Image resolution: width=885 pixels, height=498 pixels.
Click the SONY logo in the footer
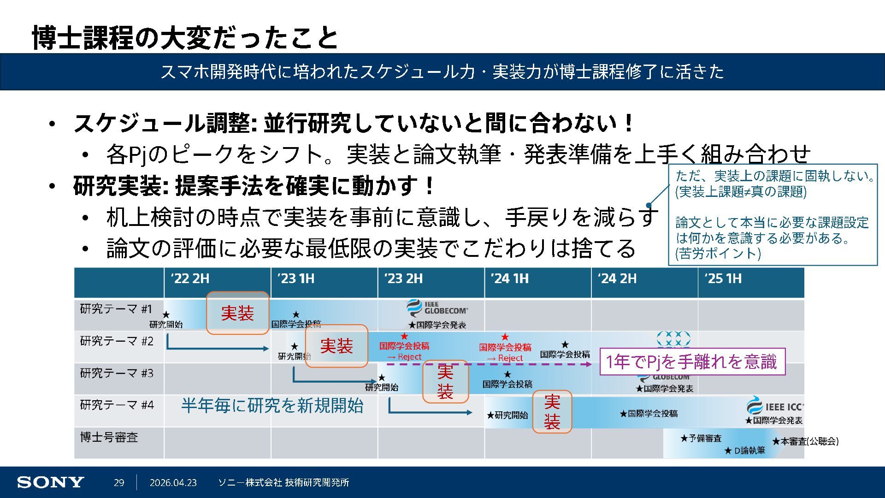pos(50,482)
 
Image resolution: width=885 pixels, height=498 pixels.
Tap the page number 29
pos(119,482)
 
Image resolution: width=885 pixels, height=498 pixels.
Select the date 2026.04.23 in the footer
pos(173,482)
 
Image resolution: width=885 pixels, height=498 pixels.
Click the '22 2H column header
pos(190,279)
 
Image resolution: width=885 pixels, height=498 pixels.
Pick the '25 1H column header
pos(723,279)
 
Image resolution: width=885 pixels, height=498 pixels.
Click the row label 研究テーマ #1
pos(116,309)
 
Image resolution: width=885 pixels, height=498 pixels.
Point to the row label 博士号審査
pos(109,437)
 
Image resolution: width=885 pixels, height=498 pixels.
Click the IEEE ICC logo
pos(775,406)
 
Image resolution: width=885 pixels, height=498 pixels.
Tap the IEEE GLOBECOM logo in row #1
pos(437,308)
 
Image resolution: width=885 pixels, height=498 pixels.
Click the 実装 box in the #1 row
pos(237,313)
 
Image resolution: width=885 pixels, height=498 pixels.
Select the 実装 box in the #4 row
pos(552,412)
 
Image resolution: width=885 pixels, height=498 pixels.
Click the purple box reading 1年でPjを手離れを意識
pos(692,362)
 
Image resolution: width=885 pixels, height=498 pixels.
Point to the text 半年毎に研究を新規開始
pos(272,405)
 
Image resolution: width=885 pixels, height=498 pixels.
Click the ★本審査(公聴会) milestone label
pos(805,441)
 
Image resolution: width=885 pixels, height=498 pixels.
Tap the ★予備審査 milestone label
pos(701,438)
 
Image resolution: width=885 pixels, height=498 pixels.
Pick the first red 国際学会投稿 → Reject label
pos(404,350)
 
